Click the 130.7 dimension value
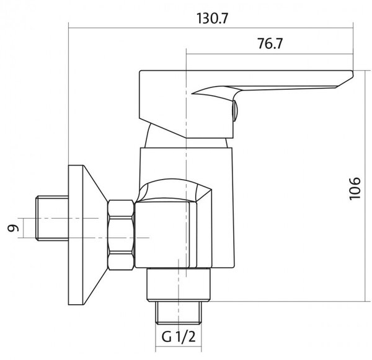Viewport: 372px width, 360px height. pos(212,19)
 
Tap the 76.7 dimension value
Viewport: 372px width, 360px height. pos(270,43)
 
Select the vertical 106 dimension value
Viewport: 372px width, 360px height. pos(355,188)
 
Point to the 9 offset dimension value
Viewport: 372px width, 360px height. pos(13,228)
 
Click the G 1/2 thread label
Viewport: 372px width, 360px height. pos(179,336)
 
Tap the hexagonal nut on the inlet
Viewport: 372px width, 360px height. pos(121,235)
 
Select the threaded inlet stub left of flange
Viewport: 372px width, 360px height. pos(52,218)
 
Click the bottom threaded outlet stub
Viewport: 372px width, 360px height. pos(179,312)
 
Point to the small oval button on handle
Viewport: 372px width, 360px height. pos(236,111)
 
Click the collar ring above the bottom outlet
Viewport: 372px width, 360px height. pos(179,285)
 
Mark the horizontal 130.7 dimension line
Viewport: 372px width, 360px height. pos(211,29)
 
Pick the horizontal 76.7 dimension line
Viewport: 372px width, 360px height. pos(270,55)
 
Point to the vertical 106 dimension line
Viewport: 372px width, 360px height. pos(365,186)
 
